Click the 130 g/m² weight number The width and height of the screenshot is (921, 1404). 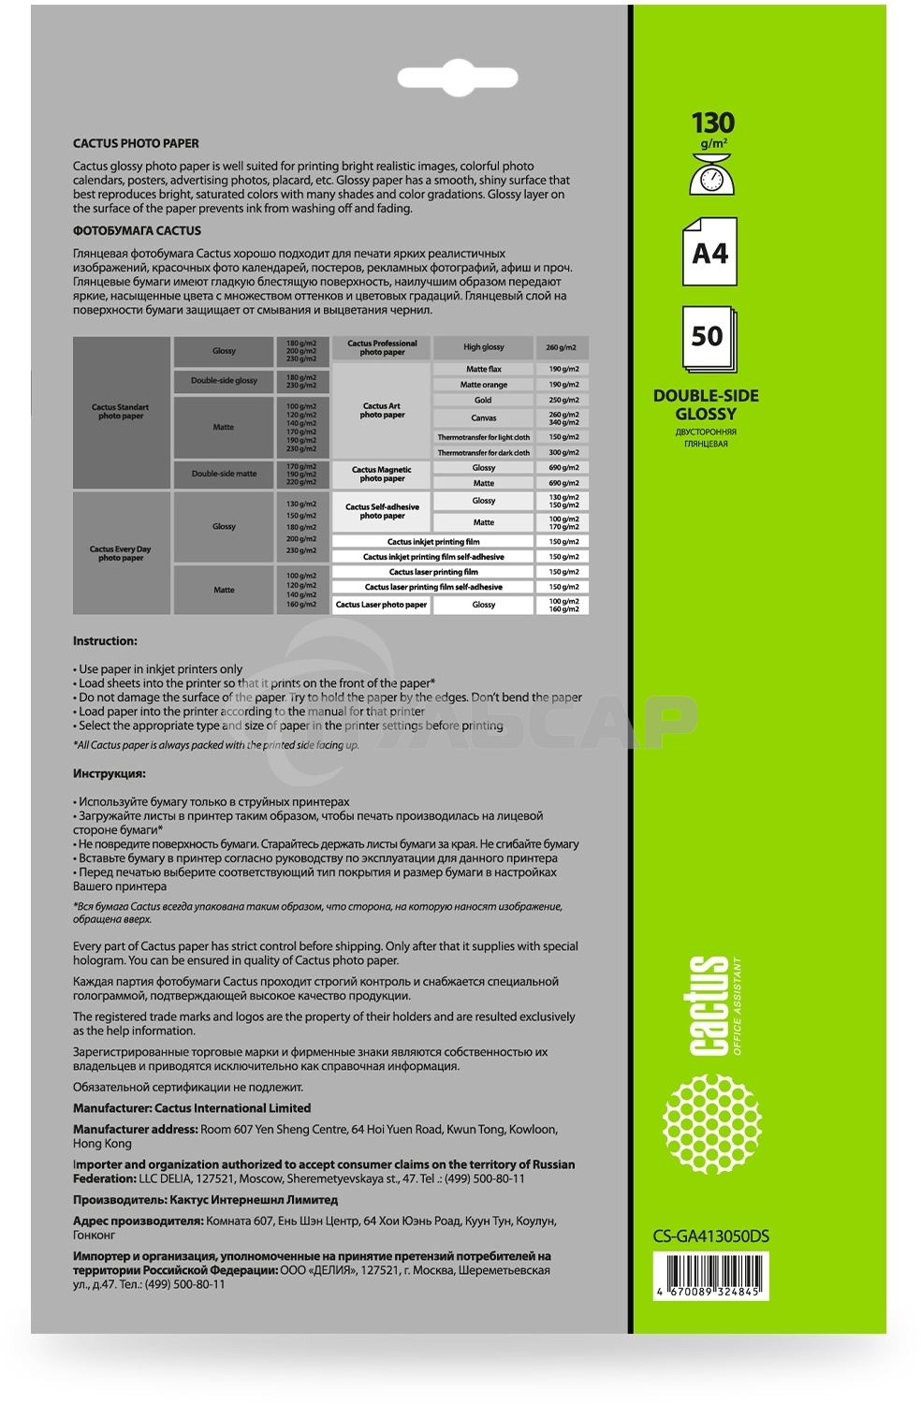point(712,124)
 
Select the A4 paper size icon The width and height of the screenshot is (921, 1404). point(709,252)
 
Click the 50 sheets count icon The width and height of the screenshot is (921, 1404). point(708,337)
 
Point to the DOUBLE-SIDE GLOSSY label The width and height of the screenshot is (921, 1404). point(706,404)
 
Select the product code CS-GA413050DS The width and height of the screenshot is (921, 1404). point(710,1236)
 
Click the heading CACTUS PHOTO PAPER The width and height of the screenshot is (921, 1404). point(136,143)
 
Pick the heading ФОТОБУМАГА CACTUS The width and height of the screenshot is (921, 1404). point(137,230)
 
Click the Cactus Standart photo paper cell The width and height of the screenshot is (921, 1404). point(121,412)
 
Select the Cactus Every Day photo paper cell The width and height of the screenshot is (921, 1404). point(121,553)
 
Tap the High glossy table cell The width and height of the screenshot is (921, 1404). point(483,347)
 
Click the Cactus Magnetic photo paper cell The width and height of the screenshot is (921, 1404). point(382,474)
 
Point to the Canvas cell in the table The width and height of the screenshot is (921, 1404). point(483,418)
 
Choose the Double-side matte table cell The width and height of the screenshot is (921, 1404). point(224,474)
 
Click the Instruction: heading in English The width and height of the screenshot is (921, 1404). point(105,641)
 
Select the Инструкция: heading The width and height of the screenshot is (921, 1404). point(110,774)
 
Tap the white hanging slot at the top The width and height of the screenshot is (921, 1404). point(459,79)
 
